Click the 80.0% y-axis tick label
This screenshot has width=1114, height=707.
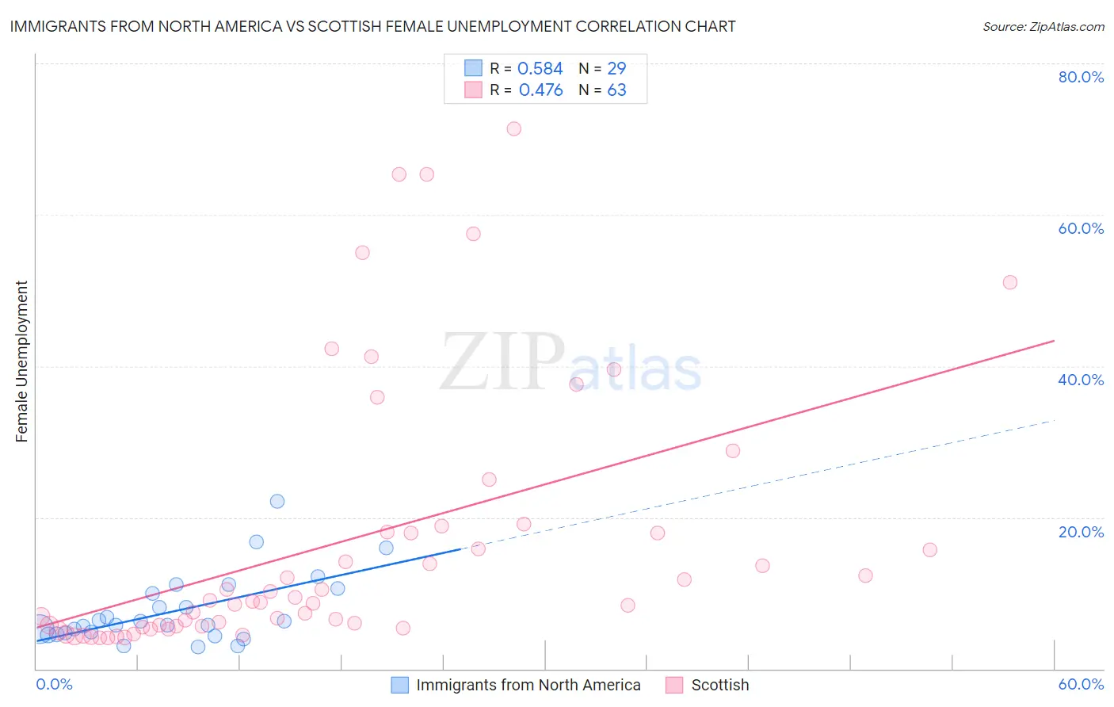1081,77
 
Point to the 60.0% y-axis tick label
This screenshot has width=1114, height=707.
1081,228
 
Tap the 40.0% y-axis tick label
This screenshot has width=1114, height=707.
1081,380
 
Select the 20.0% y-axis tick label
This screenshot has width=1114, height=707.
1081,532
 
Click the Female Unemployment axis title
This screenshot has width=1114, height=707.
21,361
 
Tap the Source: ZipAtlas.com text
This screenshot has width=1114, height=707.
1043,27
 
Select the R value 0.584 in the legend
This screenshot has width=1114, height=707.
540,69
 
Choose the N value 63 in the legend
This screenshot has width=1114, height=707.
616,90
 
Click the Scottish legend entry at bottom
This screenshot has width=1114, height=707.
719,685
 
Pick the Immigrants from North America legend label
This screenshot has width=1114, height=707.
528,685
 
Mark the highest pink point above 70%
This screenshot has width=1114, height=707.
513,128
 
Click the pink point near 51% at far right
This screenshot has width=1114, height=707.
1009,282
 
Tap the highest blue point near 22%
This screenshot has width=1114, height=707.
277,501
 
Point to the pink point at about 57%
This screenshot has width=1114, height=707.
473,234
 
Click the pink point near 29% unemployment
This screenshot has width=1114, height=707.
733,451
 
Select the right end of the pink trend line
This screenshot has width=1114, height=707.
1054,341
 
